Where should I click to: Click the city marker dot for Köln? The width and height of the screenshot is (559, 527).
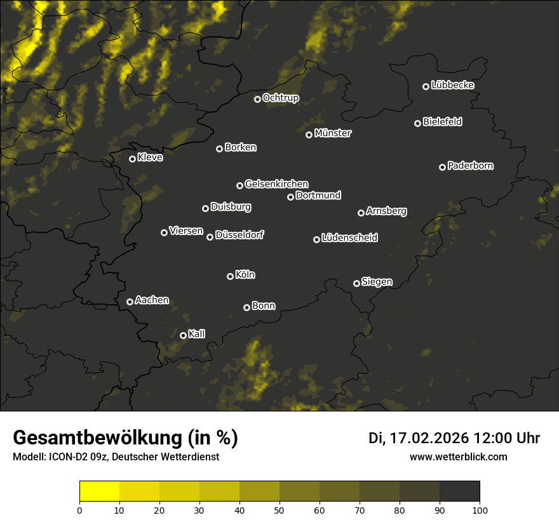coord(230,276)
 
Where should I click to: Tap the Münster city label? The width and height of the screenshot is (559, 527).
coord(332,133)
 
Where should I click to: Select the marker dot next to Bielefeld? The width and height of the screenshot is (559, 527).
coord(417,123)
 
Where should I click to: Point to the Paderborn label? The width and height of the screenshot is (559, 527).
coord(470,166)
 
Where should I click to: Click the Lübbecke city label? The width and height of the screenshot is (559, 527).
coord(452,85)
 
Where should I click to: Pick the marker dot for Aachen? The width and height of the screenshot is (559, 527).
coord(130,302)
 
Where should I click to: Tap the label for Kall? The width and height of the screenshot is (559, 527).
coord(197,334)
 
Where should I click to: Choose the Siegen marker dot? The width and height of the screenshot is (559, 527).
coord(356,283)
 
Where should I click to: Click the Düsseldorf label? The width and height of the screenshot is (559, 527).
coord(239,235)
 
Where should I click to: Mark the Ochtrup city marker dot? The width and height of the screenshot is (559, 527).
coord(257,99)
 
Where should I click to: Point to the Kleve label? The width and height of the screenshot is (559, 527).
coord(150,157)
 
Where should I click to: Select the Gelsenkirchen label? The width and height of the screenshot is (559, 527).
coord(276,184)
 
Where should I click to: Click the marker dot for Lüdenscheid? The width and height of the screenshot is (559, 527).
coord(316,239)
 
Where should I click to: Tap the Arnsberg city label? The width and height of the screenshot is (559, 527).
coord(386,211)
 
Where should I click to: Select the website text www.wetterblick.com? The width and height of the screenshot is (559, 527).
coord(458,457)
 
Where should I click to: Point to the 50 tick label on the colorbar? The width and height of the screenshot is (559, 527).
coord(279,510)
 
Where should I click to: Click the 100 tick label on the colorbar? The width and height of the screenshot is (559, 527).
coord(480,510)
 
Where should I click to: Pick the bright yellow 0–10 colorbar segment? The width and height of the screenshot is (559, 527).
coord(99,491)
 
